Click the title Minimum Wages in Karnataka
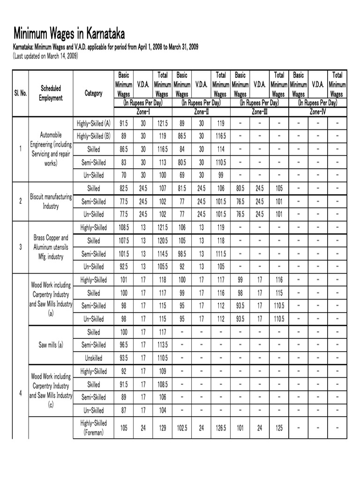click(69, 34)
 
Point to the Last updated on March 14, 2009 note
click(45, 56)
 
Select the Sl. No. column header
click(20, 93)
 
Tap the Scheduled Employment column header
click(51, 93)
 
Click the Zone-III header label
click(259, 112)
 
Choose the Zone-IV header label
click(317, 112)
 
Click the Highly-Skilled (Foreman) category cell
click(93, 427)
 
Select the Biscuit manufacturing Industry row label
click(51, 201)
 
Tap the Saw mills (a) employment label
click(51, 345)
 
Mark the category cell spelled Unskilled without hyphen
click(93, 358)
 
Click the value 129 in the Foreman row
click(162, 428)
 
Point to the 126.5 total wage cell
click(220, 428)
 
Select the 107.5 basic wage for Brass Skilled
click(124, 241)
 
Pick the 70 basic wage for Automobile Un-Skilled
click(124, 175)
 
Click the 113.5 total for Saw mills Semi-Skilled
click(162, 345)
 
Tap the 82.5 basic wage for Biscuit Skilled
click(124, 188)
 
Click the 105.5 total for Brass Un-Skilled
click(162, 267)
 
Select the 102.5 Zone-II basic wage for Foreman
click(182, 428)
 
